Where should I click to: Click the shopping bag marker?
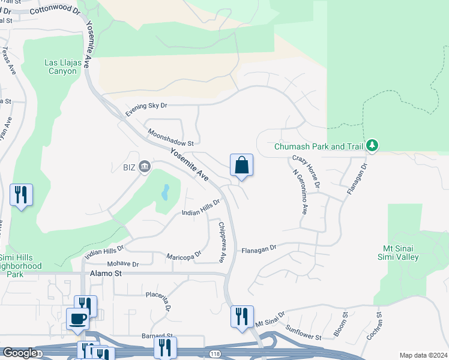[241, 165]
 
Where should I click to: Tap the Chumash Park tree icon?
[372, 145]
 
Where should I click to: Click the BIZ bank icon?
[144, 166]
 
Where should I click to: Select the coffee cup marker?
[78, 318]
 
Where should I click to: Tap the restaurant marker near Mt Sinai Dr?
[242, 317]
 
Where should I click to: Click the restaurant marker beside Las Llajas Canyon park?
[21, 195]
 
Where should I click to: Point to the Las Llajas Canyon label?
[61, 67]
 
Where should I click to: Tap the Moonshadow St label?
[170, 139]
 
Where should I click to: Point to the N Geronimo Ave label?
[300, 192]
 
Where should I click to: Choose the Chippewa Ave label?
[222, 242]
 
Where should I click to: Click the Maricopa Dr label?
[184, 257]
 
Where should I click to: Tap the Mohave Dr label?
[122, 264]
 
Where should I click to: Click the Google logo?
[19, 353]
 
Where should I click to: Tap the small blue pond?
[164, 193]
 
